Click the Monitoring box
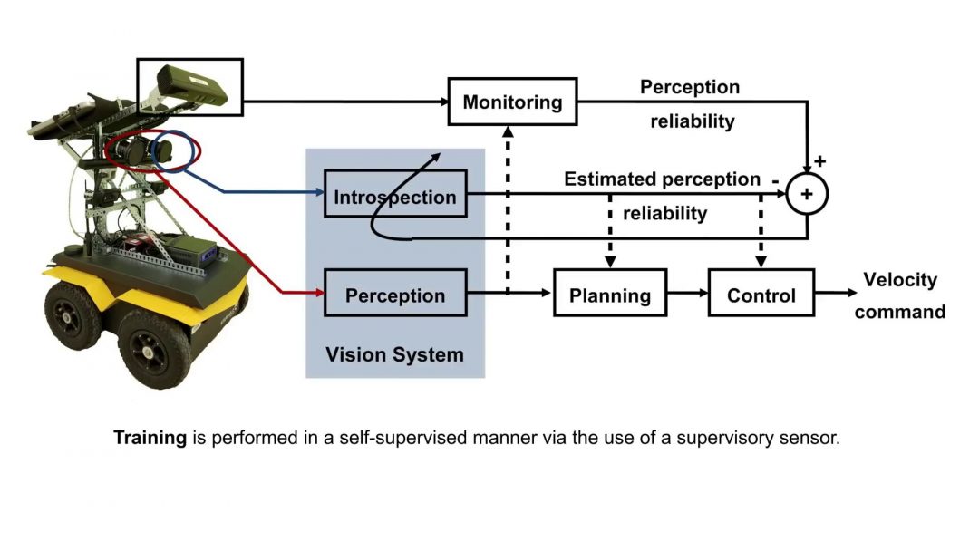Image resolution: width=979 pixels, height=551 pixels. [x=512, y=101]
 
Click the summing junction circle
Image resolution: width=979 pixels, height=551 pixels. [x=807, y=193]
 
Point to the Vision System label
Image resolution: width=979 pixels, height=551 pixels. [x=394, y=354]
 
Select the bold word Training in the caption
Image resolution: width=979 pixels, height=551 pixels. [x=150, y=438]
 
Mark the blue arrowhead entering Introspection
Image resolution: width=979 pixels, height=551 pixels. [x=318, y=192]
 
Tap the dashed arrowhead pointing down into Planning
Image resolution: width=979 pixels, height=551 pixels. [x=610, y=262]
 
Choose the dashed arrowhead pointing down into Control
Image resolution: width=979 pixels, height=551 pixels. [x=761, y=262]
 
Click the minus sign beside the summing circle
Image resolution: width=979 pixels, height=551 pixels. [x=776, y=180]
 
